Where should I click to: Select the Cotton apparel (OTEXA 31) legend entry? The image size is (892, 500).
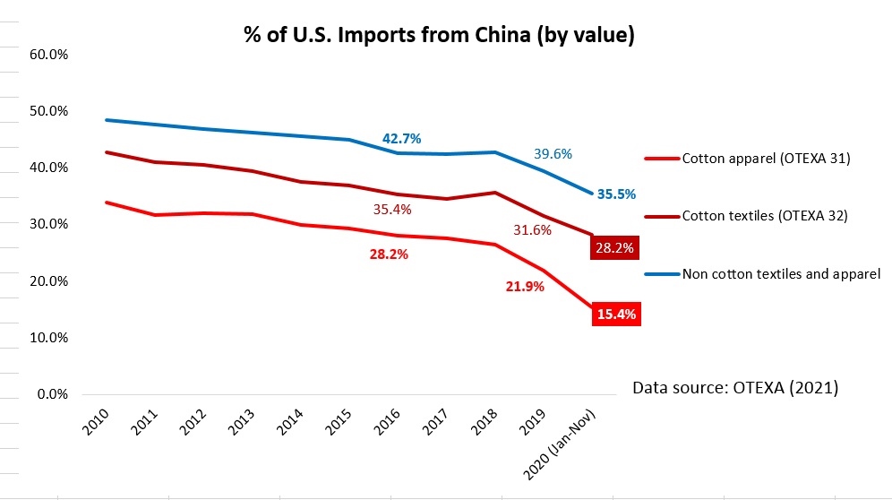(x=765, y=159)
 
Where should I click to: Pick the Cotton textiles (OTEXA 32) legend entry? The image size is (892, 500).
(x=766, y=215)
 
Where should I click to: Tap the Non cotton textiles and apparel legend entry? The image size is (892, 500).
(x=781, y=273)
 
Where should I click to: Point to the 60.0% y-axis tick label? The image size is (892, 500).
(x=49, y=55)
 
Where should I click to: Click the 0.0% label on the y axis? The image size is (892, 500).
(x=53, y=394)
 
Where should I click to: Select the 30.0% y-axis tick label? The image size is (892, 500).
(x=49, y=224)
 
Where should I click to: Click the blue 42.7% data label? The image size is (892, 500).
(x=401, y=139)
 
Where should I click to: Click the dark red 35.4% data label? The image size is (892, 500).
(x=391, y=210)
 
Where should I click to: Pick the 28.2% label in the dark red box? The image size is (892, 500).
(x=615, y=248)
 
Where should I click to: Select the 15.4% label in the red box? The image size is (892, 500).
(x=616, y=315)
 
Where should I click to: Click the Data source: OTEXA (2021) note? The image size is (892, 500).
(x=734, y=388)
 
